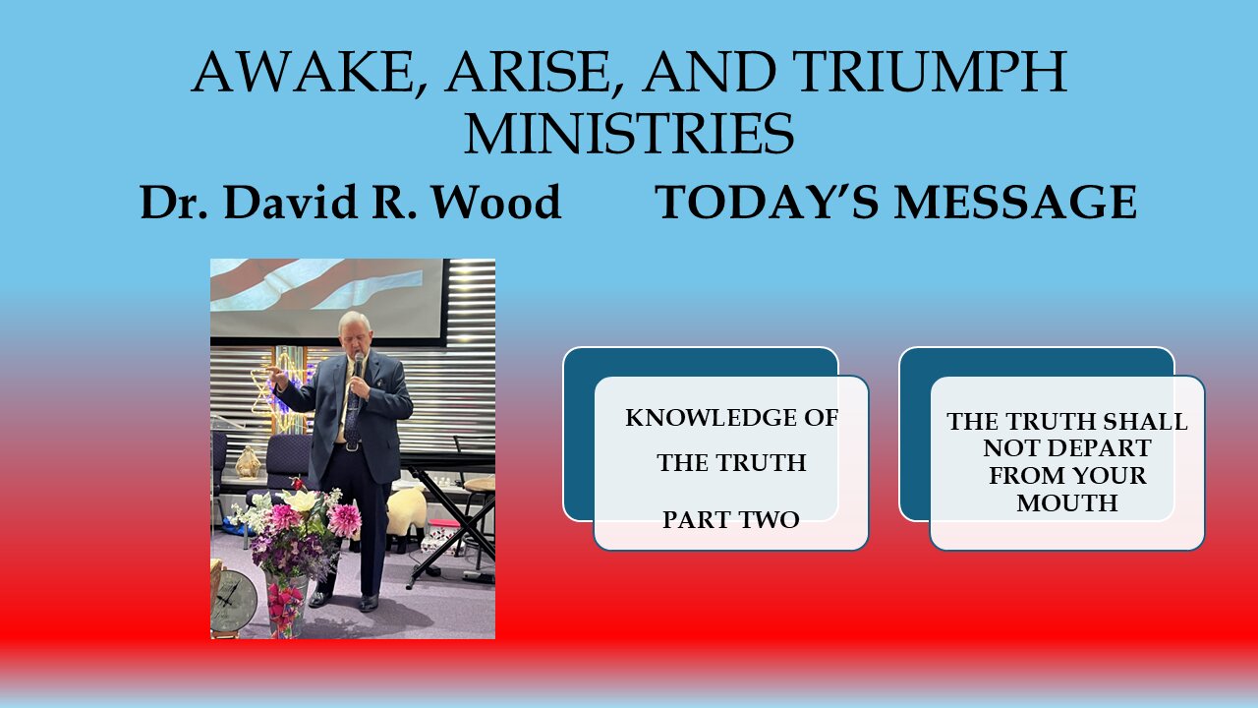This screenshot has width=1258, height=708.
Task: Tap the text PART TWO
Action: click(730, 519)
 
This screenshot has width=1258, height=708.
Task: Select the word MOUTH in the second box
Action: click(1066, 502)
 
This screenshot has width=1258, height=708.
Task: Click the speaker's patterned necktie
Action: click(351, 408)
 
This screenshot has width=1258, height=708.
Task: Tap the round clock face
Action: click(234, 600)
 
